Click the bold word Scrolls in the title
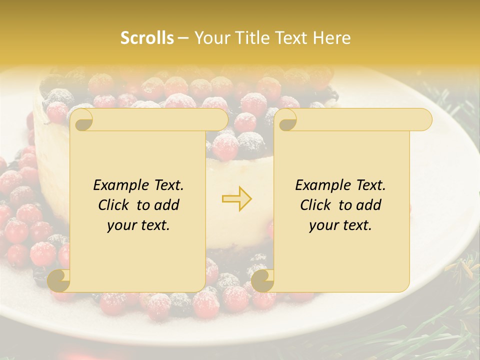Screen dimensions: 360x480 (147, 38)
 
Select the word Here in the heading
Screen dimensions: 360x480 (332, 38)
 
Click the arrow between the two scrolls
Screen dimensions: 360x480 (236, 198)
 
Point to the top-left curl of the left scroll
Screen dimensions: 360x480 (81, 120)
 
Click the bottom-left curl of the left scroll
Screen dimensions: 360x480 (58, 280)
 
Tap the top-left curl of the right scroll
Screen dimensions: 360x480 (285, 120)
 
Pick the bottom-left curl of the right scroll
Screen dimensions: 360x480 (262, 280)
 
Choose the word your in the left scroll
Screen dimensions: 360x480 (121, 225)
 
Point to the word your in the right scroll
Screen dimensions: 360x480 (323, 225)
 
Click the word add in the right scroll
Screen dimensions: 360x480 (368, 205)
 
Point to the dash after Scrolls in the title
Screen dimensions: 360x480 (183, 38)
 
